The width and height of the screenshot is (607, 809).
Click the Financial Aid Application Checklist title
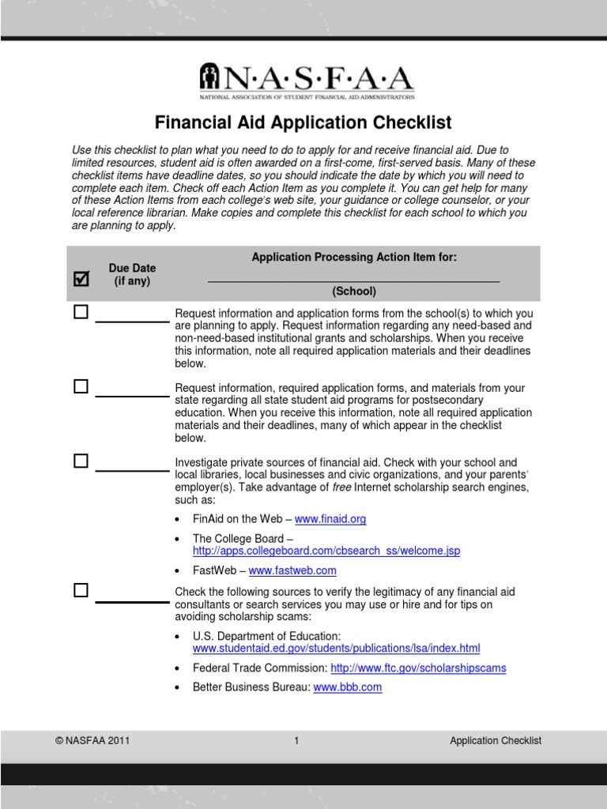(303, 122)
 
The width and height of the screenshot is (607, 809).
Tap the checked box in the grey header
(81, 278)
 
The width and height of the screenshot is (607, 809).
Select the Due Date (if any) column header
(132, 275)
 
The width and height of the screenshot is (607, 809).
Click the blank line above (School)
(353, 279)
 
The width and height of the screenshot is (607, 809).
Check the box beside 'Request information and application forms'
(81, 312)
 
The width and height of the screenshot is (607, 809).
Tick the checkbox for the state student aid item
(81, 386)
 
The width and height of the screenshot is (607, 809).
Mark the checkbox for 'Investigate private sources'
(81, 461)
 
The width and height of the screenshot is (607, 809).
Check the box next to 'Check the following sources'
(81, 590)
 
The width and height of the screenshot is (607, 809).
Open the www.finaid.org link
(330, 519)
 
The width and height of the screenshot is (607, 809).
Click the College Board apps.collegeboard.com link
(326, 551)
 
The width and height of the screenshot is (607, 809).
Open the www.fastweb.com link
(292, 570)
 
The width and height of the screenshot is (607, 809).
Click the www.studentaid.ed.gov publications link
(336, 649)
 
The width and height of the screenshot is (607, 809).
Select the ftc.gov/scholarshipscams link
(418, 668)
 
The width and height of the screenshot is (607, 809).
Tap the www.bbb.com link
(348, 687)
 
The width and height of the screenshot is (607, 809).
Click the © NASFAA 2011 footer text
(92, 741)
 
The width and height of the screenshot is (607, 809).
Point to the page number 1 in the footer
(296, 741)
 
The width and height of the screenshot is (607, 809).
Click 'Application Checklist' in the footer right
(496, 741)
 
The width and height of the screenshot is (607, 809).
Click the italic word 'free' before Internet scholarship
(341, 487)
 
